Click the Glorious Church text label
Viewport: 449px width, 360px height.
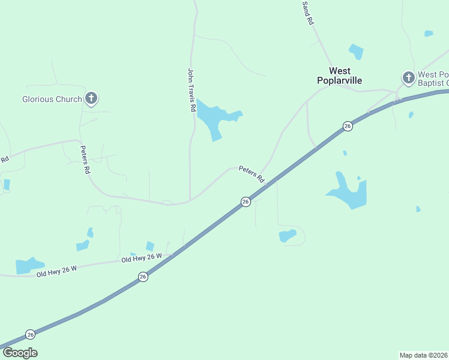click(52, 99)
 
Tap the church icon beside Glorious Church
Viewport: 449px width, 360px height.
click(91, 98)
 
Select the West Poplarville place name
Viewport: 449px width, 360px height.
click(340, 76)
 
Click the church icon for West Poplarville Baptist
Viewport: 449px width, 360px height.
click(408, 77)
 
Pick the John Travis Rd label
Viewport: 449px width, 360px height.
click(191, 90)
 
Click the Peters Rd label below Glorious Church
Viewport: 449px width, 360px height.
click(85, 159)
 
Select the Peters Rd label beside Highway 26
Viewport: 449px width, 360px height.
click(252, 174)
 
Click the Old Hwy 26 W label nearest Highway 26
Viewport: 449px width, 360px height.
click(142, 258)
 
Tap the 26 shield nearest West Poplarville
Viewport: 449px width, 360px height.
click(348, 125)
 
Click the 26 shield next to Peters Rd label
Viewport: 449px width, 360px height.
click(246, 202)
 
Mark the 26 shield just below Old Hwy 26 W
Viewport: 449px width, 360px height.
click(142, 277)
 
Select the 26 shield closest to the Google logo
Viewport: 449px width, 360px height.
click(31, 334)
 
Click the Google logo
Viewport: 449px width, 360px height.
click(20, 353)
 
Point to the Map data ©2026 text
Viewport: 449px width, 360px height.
click(423, 355)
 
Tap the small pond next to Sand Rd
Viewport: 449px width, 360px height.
click(357, 52)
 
